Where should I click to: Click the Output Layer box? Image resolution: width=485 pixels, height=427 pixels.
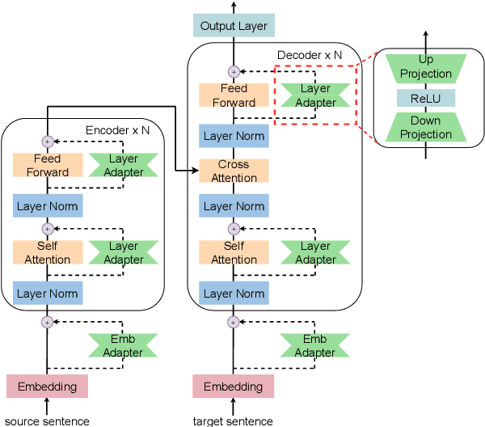point(234,26)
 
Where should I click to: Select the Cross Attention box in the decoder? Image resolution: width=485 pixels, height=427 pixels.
point(234,171)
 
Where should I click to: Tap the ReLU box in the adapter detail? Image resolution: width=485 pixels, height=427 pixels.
point(425,98)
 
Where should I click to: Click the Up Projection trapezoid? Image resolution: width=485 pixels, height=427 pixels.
point(425,67)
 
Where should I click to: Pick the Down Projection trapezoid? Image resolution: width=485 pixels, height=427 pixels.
point(425,128)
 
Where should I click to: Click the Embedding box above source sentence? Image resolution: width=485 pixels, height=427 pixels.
point(47,387)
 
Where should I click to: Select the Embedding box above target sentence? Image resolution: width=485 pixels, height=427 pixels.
point(234,387)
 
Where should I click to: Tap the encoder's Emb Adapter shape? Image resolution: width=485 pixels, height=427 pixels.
point(123,346)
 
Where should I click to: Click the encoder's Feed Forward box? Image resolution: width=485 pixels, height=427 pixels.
point(47,166)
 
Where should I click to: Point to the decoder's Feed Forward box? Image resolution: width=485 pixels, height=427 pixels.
point(234,95)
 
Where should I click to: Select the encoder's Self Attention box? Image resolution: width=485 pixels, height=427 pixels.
point(47,252)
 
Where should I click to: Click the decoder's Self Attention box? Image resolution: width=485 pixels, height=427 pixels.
point(234,252)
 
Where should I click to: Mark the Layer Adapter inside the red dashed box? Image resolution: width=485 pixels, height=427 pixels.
point(315,95)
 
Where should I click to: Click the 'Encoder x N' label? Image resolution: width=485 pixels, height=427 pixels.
point(118,130)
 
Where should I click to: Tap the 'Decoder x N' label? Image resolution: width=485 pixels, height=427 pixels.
point(310,56)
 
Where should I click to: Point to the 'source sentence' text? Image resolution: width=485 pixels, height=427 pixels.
point(47,421)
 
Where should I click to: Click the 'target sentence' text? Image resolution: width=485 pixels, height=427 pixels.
point(234,421)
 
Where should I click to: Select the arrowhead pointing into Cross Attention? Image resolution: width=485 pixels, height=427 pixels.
point(196,171)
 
